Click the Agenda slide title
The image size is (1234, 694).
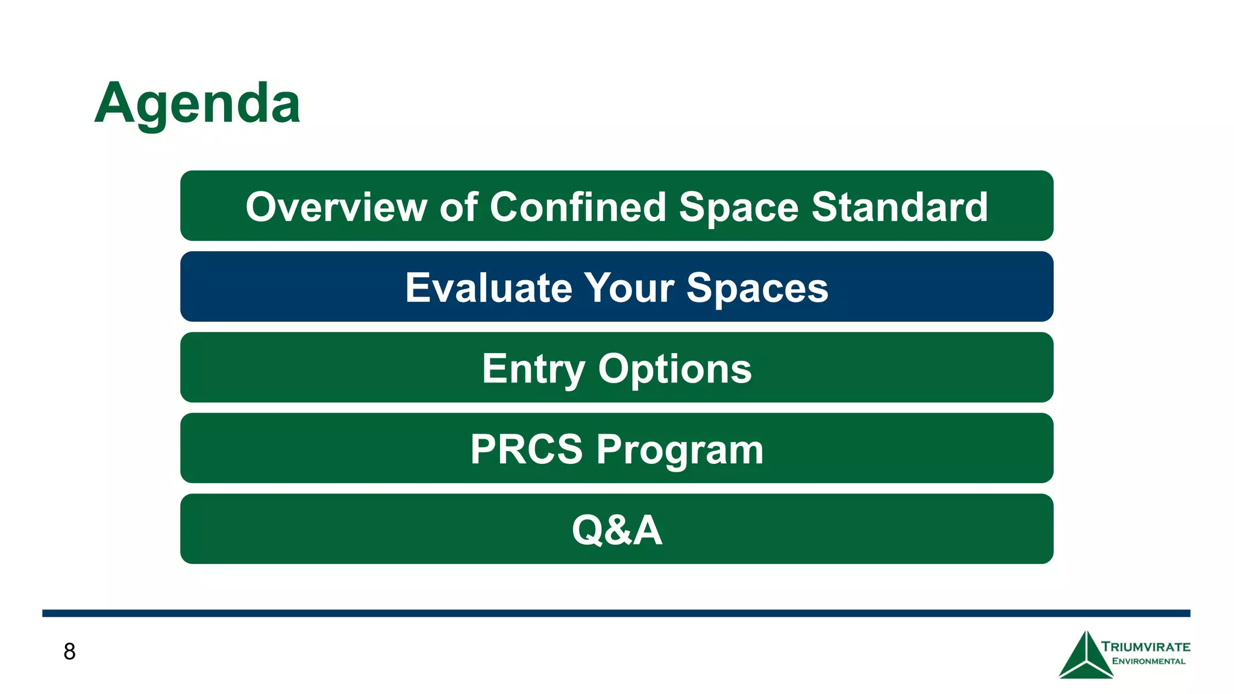click(197, 104)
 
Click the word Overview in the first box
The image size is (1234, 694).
click(336, 207)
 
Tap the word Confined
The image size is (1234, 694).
click(578, 207)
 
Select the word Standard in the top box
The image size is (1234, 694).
click(900, 207)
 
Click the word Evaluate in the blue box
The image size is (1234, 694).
click(488, 288)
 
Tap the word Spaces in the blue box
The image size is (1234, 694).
click(757, 288)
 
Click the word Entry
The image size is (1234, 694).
click(533, 369)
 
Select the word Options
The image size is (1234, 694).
click(675, 369)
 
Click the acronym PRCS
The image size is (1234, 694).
click(527, 449)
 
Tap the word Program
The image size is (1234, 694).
click(680, 449)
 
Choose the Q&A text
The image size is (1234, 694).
click(617, 530)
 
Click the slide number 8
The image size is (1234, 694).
click(69, 652)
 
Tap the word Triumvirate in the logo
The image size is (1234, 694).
click(1145, 647)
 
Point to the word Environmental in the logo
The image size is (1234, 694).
click(1148, 661)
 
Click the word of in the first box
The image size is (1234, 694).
click(459, 207)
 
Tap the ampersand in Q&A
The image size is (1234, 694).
click(617, 530)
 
